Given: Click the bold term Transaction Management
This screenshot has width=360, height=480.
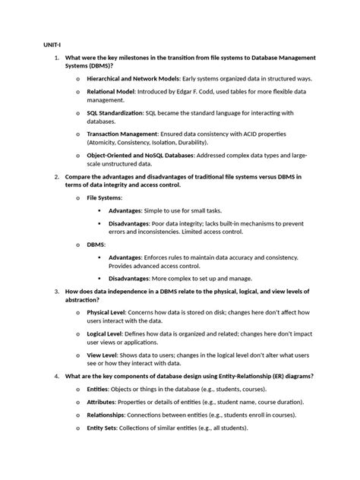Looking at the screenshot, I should point(122,133).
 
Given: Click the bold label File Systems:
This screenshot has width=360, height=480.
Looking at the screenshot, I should point(104,197).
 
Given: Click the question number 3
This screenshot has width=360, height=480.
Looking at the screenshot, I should point(56,291).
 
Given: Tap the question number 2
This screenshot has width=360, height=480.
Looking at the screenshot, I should point(56,176).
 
